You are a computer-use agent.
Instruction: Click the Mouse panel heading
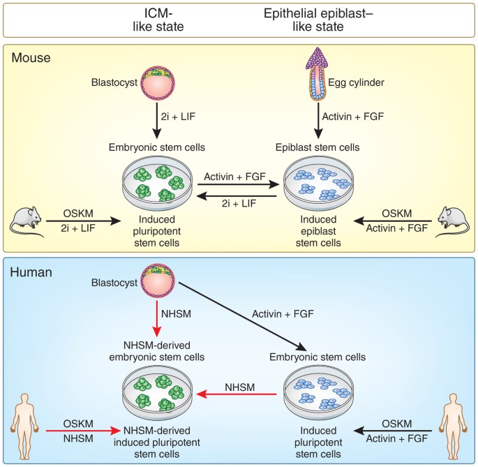click(31, 57)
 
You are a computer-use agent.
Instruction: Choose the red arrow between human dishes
click(241, 395)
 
